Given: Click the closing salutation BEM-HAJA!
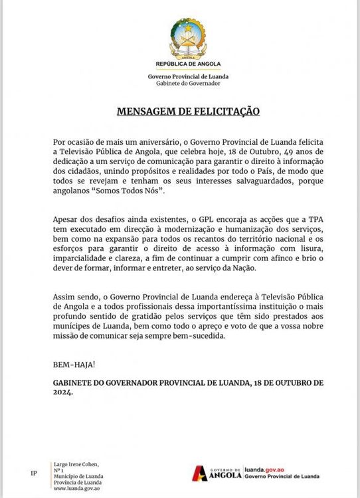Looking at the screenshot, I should tap(74, 365).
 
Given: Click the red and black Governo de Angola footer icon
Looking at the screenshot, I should tap(199, 473).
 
